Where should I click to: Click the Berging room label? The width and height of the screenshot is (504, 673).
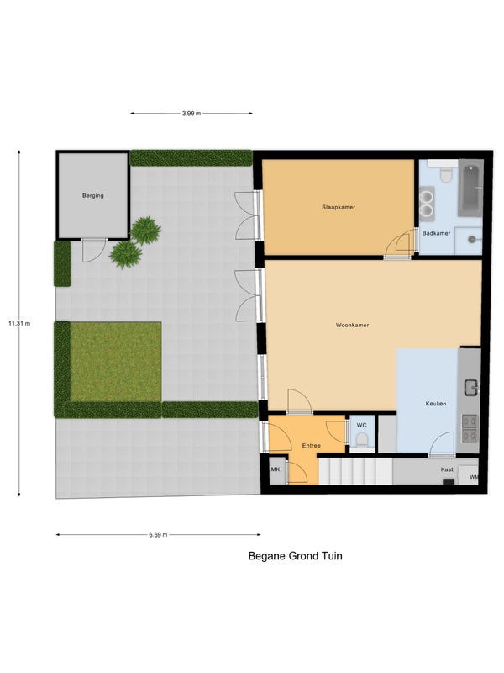click(x=93, y=196)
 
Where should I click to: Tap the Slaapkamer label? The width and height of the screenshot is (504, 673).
click(x=339, y=207)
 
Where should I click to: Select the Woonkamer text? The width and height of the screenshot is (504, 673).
click(x=352, y=326)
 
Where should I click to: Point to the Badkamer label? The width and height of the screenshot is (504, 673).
click(x=436, y=234)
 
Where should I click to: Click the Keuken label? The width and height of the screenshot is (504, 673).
click(x=436, y=404)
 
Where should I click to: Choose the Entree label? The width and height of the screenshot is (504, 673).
click(x=311, y=446)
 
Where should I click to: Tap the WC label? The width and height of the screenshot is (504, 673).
click(x=362, y=426)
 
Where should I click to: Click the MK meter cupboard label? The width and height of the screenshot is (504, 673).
click(x=276, y=469)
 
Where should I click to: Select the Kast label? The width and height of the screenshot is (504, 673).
click(x=447, y=469)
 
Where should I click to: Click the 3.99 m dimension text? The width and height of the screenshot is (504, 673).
click(x=192, y=114)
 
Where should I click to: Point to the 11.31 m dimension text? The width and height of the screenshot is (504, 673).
click(x=19, y=324)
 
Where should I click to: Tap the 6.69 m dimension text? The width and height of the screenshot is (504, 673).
click(x=158, y=535)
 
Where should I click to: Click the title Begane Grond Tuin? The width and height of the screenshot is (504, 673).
click(x=296, y=556)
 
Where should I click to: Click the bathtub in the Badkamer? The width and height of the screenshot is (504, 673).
click(x=470, y=188)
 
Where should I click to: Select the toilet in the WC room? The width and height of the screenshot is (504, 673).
click(x=363, y=440)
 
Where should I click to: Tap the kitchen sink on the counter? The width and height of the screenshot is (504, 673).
click(x=471, y=388)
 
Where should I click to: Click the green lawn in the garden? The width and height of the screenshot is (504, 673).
click(x=116, y=362)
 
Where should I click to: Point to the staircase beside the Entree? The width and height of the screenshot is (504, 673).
click(x=355, y=471)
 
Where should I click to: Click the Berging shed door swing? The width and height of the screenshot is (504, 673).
click(x=93, y=250)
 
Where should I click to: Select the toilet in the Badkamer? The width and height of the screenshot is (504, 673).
click(x=446, y=173)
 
